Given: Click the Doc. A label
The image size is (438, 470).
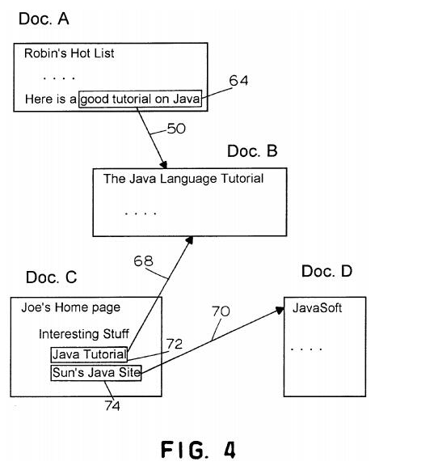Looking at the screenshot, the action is click(44, 19).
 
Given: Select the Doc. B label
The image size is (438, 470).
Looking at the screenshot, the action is click(252, 150).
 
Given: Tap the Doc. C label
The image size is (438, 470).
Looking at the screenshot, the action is click(51, 277).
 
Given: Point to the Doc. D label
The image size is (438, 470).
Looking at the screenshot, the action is click(326, 271).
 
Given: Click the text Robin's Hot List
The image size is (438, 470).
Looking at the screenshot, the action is click(69, 53).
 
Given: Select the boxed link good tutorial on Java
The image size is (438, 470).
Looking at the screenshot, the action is click(140, 99).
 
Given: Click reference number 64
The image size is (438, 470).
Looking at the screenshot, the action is click(238, 80).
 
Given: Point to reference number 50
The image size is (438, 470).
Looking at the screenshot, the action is click(176, 129).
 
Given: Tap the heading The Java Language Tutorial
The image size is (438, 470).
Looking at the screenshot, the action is click(183, 179).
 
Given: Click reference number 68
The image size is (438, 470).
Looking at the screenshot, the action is click(143, 260).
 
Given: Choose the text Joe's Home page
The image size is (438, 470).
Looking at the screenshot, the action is click(71, 307).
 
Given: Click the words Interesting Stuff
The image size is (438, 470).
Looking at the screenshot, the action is click(84, 334).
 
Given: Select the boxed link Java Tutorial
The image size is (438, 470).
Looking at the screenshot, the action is click(89, 354).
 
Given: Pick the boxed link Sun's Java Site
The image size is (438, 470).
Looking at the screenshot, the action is click(96, 373).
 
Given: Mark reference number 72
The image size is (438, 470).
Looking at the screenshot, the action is click(175, 344).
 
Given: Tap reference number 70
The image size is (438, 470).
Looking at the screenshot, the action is click(221, 311).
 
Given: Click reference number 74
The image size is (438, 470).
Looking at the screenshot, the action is click(112, 406).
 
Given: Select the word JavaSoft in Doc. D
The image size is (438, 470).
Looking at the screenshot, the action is click(317, 308).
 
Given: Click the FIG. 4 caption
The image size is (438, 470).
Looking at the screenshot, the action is click(198, 450).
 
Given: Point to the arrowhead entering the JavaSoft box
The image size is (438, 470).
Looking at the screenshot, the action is click(280, 310).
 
